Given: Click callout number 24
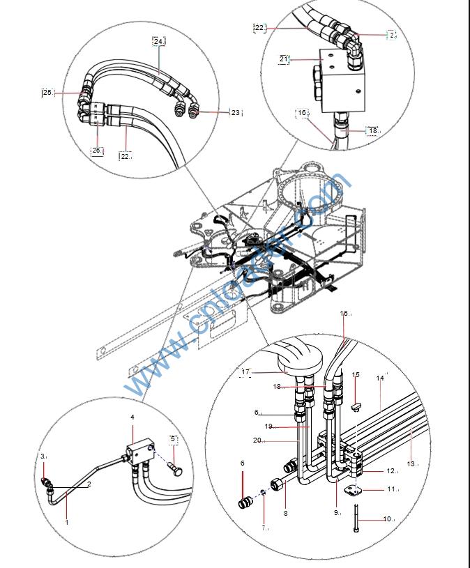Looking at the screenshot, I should click(158, 41).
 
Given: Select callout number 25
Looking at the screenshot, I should click(47, 92).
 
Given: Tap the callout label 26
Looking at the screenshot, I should click(97, 150).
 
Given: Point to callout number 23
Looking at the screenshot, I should click(235, 112).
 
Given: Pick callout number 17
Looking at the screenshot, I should click(245, 372).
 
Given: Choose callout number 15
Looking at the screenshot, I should click(356, 375).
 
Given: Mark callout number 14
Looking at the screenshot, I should click(380, 378).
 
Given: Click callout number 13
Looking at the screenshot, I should click(411, 463).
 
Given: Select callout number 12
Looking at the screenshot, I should click(391, 471).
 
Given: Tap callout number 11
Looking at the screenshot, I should click(391, 489).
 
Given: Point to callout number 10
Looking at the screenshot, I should click(388, 519).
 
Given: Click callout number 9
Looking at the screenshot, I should click(336, 512).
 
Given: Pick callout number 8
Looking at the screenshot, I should click(285, 514).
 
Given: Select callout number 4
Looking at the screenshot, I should click(132, 417).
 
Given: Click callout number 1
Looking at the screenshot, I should click(67, 521).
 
